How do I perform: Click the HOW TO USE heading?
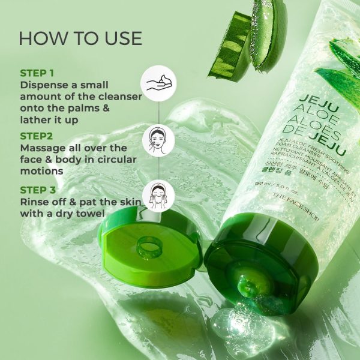(x=80, y=39)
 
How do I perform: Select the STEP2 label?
(x=37, y=136)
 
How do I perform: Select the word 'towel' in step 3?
(x=91, y=214)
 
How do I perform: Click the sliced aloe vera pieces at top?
(x=246, y=39)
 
